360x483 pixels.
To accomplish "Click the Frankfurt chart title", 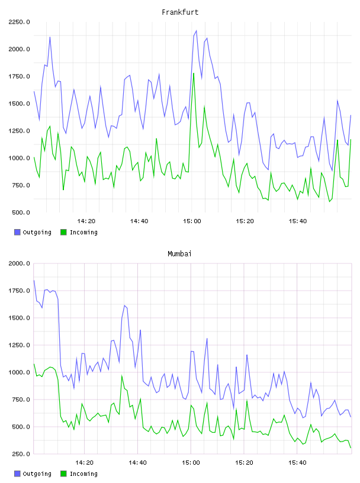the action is [180, 12].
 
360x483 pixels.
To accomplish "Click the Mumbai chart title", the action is [179, 254].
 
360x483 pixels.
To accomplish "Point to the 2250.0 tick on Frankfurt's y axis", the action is [19, 22].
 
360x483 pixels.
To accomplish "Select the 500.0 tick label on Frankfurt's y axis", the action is [21, 212].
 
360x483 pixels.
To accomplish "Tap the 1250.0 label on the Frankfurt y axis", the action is [19, 131].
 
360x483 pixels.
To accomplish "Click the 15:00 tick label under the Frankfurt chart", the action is [192, 221].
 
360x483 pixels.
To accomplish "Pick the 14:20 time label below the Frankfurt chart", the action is [86, 221].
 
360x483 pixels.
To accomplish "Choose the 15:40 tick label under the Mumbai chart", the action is [297, 463].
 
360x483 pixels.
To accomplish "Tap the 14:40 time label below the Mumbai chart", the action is [137, 463].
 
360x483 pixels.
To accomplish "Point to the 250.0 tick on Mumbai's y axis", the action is [21, 454].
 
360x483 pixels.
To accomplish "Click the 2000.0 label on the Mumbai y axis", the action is [19, 263].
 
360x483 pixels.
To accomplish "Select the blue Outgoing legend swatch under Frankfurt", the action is [17, 232].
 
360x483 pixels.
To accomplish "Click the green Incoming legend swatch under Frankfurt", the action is [63, 232].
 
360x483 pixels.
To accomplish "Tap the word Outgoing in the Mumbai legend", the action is [37, 474].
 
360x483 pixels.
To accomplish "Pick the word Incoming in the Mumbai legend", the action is [83, 474].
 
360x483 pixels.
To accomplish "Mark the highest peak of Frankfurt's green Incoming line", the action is [194, 73].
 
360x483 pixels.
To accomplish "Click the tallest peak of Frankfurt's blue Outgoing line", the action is [197, 31].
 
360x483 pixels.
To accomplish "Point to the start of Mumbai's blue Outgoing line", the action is [34, 280].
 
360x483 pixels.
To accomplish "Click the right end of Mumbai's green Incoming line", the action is [351, 447].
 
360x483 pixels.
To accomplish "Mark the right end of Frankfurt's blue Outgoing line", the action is [351, 115].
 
